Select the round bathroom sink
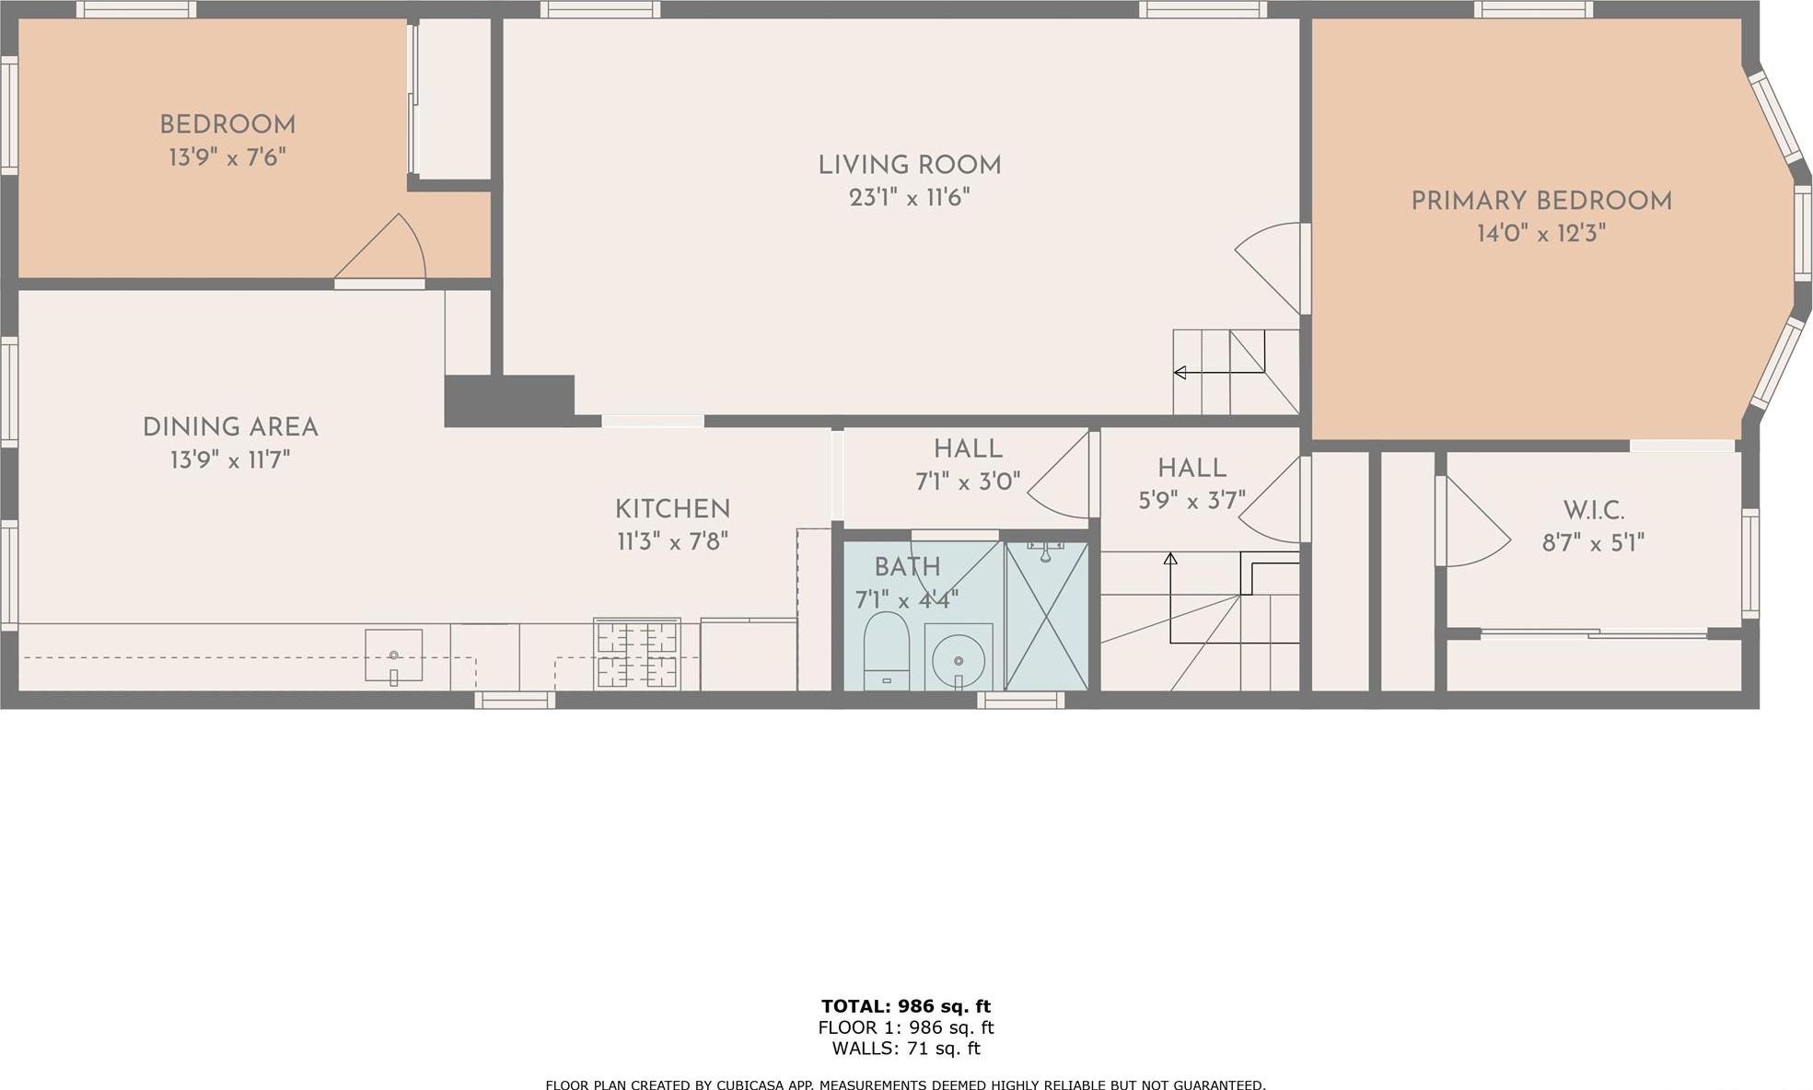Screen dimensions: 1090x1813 tap(958, 658)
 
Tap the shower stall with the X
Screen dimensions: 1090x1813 tap(1047, 616)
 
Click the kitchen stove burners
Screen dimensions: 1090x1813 tap(637, 654)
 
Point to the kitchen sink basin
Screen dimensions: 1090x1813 tap(393, 655)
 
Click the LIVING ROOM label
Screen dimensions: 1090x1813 tap(909, 166)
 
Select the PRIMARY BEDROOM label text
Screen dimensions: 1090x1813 tap(1540, 202)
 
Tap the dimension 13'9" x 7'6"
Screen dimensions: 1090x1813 tap(227, 157)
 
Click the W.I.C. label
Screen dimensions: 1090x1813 tap(1593, 511)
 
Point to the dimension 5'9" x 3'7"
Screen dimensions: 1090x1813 tap(1191, 500)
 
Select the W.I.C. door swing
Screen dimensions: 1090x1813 tap(1473, 525)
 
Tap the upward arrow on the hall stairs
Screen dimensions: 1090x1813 tap(1170, 559)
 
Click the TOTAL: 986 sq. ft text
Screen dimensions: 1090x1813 tap(905, 1006)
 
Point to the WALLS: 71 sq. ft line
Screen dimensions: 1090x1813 tap(905, 1049)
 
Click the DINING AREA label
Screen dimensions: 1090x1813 tap(230, 427)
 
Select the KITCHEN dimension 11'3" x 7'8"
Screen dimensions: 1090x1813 tap(672, 541)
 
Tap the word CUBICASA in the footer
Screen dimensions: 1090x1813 tap(754, 1085)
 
